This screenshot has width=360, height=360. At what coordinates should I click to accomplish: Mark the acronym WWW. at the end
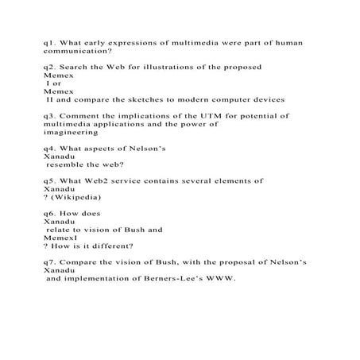(x=225, y=278)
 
